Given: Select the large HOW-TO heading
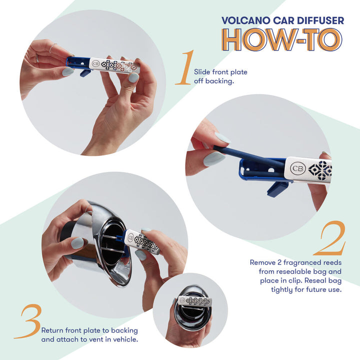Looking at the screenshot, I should click(282, 40).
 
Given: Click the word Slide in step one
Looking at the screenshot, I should click(202, 72).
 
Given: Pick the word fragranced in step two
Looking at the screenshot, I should click(300, 262).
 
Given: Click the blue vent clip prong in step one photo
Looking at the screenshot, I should click(85, 73).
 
